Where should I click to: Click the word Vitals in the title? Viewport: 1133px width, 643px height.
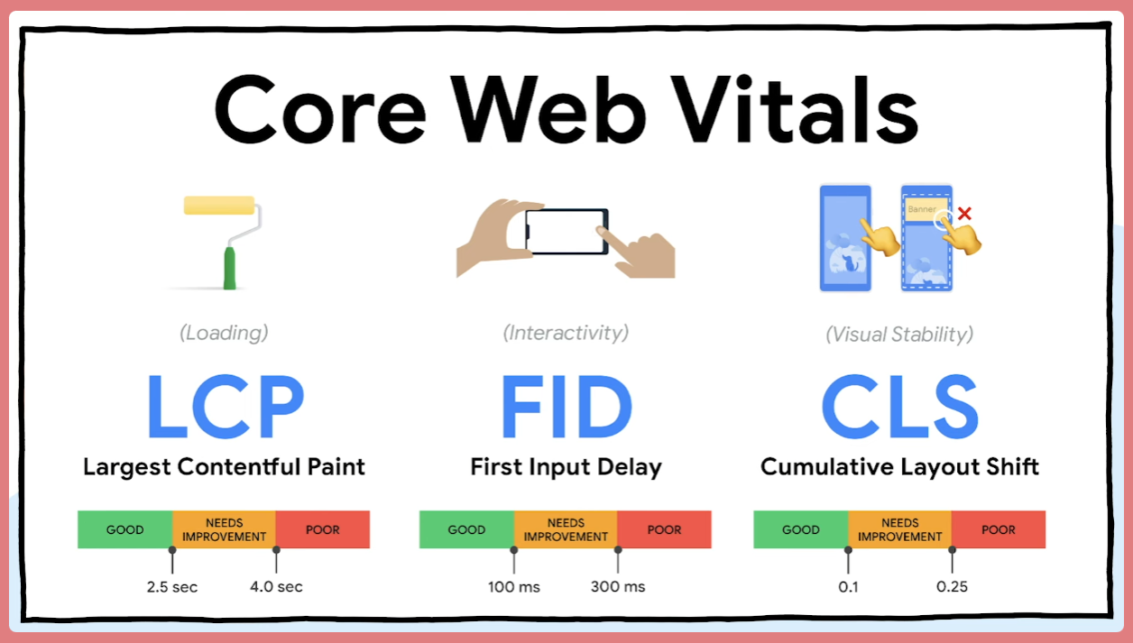795,109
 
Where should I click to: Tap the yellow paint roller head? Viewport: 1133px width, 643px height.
219,206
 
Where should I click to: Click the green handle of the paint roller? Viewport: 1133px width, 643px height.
230,269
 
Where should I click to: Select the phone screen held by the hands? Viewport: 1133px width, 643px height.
566,232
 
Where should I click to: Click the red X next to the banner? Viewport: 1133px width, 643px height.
964,214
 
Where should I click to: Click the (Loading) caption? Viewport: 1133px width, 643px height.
224,333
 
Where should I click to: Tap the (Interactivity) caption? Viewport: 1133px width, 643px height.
566,333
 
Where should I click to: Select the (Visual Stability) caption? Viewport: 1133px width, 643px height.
899,335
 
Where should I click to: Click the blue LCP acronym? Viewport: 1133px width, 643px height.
226,406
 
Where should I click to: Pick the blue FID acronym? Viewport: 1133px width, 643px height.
566,406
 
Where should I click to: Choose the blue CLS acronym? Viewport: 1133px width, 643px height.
900,406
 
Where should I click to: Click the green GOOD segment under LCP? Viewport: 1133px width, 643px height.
124,529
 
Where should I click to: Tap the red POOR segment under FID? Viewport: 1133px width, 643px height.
664,529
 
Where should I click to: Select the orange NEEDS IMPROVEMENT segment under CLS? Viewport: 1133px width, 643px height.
900,529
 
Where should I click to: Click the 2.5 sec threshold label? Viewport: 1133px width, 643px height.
172,587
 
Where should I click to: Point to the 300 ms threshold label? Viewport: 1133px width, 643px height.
618,587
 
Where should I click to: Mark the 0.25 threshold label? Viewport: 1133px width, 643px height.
952,587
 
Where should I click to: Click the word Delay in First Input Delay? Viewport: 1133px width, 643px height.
630,467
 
